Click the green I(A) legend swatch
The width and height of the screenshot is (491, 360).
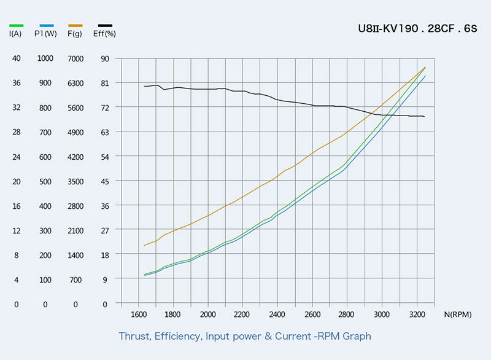[x=17, y=25]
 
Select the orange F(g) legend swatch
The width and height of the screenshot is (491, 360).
[x=75, y=25]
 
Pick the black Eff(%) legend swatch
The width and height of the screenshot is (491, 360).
[x=105, y=25]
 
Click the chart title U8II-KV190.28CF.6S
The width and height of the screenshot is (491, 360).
[x=417, y=28]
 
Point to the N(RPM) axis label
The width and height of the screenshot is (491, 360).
[x=458, y=315]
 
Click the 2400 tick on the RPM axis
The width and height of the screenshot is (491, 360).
[x=278, y=315]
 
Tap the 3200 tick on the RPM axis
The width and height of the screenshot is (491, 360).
[x=417, y=315]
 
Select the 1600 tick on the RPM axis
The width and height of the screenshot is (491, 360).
[x=139, y=315]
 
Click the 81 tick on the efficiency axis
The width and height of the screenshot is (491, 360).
[x=105, y=83]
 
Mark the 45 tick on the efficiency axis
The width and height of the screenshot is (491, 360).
[x=105, y=181]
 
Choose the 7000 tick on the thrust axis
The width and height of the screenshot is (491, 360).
[x=75, y=58]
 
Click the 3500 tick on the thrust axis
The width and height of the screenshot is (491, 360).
[x=75, y=181]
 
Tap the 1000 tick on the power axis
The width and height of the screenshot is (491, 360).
[x=45, y=58]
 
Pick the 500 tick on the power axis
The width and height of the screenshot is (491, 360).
[x=45, y=181]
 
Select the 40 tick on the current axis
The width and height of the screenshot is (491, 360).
[x=17, y=58]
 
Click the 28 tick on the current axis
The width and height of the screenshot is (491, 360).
[x=17, y=132]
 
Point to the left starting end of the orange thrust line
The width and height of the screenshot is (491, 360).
[x=144, y=246]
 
